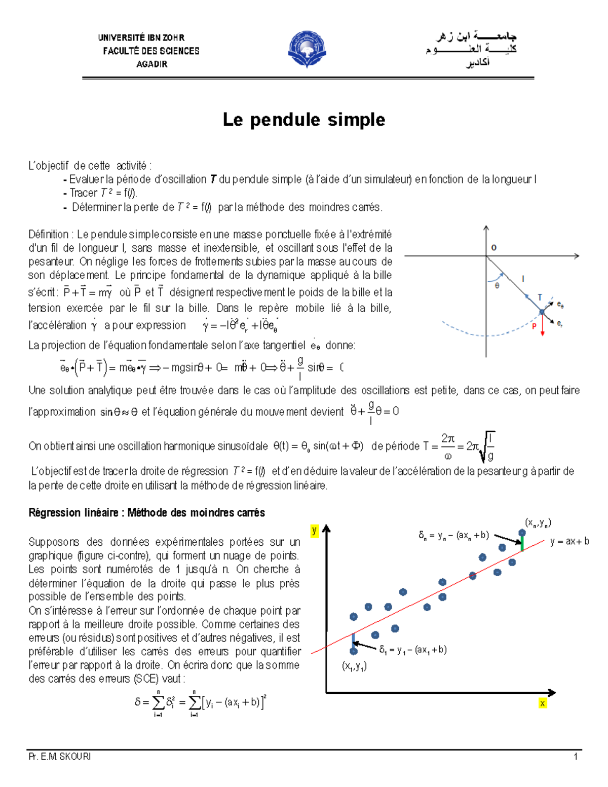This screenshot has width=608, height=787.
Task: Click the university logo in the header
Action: coord(307,49)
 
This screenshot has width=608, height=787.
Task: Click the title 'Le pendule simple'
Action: coord(304,120)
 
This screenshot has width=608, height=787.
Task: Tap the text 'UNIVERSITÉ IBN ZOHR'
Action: coord(141,38)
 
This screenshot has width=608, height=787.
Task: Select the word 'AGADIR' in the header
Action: coord(151,64)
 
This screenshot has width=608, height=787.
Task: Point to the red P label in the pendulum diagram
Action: coord(534,326)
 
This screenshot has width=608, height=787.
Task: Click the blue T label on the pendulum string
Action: coord(540,297)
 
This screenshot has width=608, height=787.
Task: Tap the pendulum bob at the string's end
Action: coord(542,312)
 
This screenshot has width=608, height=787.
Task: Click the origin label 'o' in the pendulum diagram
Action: coord(494,248)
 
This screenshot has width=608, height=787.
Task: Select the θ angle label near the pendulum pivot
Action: coord(497,286)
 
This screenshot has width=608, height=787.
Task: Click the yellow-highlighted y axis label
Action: coord(315,531)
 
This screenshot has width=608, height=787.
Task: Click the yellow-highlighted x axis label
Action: coord(543,703)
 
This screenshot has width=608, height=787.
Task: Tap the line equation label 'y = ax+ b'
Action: coord(569,541)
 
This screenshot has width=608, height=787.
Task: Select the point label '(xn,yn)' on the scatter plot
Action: coord(538,522)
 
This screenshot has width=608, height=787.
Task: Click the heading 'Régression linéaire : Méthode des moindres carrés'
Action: coord(146,513)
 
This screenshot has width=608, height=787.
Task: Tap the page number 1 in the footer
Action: coord(576,757)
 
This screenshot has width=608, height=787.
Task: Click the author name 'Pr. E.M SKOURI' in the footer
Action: coord(60,757)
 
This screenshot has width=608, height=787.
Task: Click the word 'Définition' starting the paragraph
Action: coord(49,235)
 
